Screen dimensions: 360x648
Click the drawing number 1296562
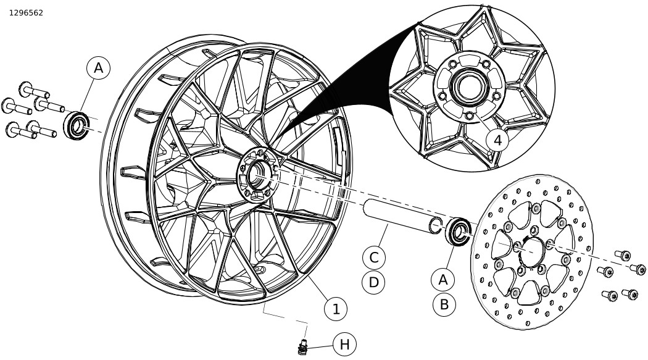pos(26,12)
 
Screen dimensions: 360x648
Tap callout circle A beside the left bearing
pos(99,69)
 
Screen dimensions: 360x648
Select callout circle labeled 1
pos(336,309)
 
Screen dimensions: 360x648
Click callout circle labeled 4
pos(497,140)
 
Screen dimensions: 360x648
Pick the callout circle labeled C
pos(373,257)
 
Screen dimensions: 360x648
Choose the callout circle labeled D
pos(373,282)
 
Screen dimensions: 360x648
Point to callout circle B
pos(444,304)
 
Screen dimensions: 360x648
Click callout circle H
pos(344,345)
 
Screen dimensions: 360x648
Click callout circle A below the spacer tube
pos(443,280)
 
